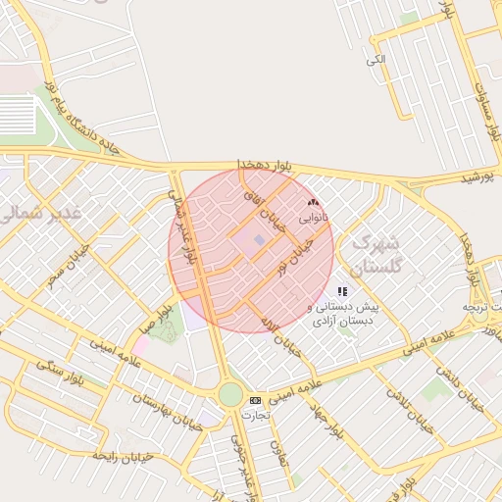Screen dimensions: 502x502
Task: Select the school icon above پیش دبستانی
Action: pos(342,291)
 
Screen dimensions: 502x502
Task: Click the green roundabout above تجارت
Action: pos(230,394)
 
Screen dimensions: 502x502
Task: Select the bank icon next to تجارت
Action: pos(256,400)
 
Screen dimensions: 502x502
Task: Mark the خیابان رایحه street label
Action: pos(120,454)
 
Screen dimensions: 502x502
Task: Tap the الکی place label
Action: pos(376,61)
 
